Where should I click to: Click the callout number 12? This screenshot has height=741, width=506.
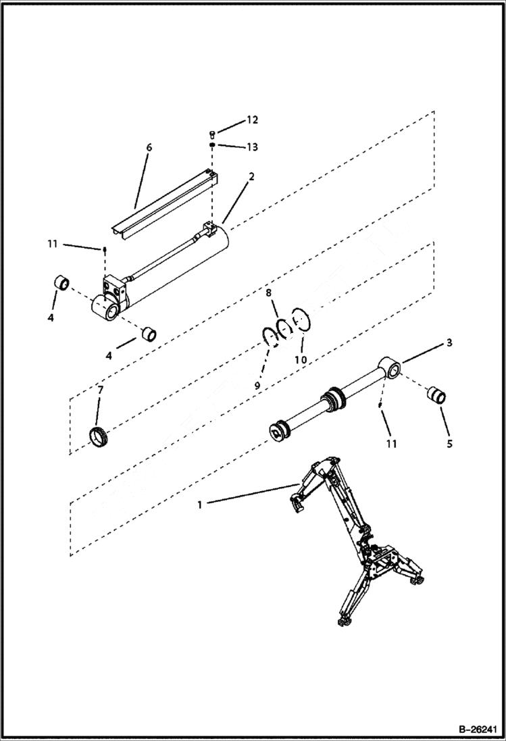tap(251, 120)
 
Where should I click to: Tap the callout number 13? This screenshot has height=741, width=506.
tap(251, 147)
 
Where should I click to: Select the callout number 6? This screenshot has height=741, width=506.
tap(149, 147)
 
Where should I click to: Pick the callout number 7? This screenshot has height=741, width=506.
tap(100, 391)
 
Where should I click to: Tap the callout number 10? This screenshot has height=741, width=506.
tap(301, 360)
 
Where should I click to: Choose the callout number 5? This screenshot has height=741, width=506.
tap(449, 444)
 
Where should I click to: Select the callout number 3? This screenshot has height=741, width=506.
tap(448, 342)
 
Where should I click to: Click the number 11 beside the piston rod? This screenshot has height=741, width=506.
tap(391, 444)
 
